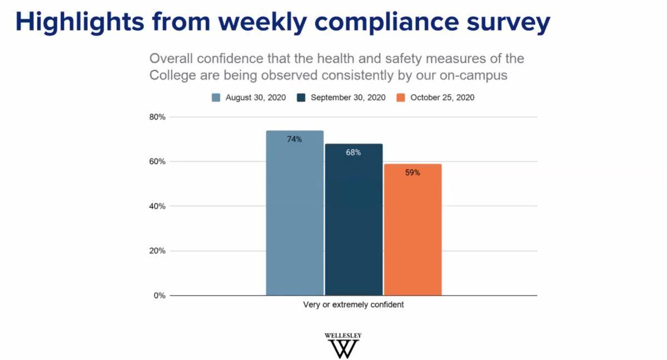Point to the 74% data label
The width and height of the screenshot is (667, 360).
coord(295,139)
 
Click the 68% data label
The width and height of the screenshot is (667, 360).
coord(354,152)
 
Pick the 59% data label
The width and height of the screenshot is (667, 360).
coord(412,173)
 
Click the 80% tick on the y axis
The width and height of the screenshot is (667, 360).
coord(158,117)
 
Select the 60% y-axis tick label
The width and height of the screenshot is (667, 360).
coord(158,162)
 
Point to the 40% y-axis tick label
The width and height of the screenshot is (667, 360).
coord(158,206)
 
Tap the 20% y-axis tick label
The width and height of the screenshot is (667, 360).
coord(158,251)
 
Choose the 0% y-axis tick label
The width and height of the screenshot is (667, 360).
coord(160,296)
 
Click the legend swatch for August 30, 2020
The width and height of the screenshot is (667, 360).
coord(216,98)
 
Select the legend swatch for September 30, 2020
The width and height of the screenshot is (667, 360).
coord(301,98)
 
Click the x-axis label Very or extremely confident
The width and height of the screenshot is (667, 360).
coord(354,305)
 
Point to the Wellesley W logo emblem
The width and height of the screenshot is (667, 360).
coord(343,349)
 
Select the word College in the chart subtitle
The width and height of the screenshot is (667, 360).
coord(172,75)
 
